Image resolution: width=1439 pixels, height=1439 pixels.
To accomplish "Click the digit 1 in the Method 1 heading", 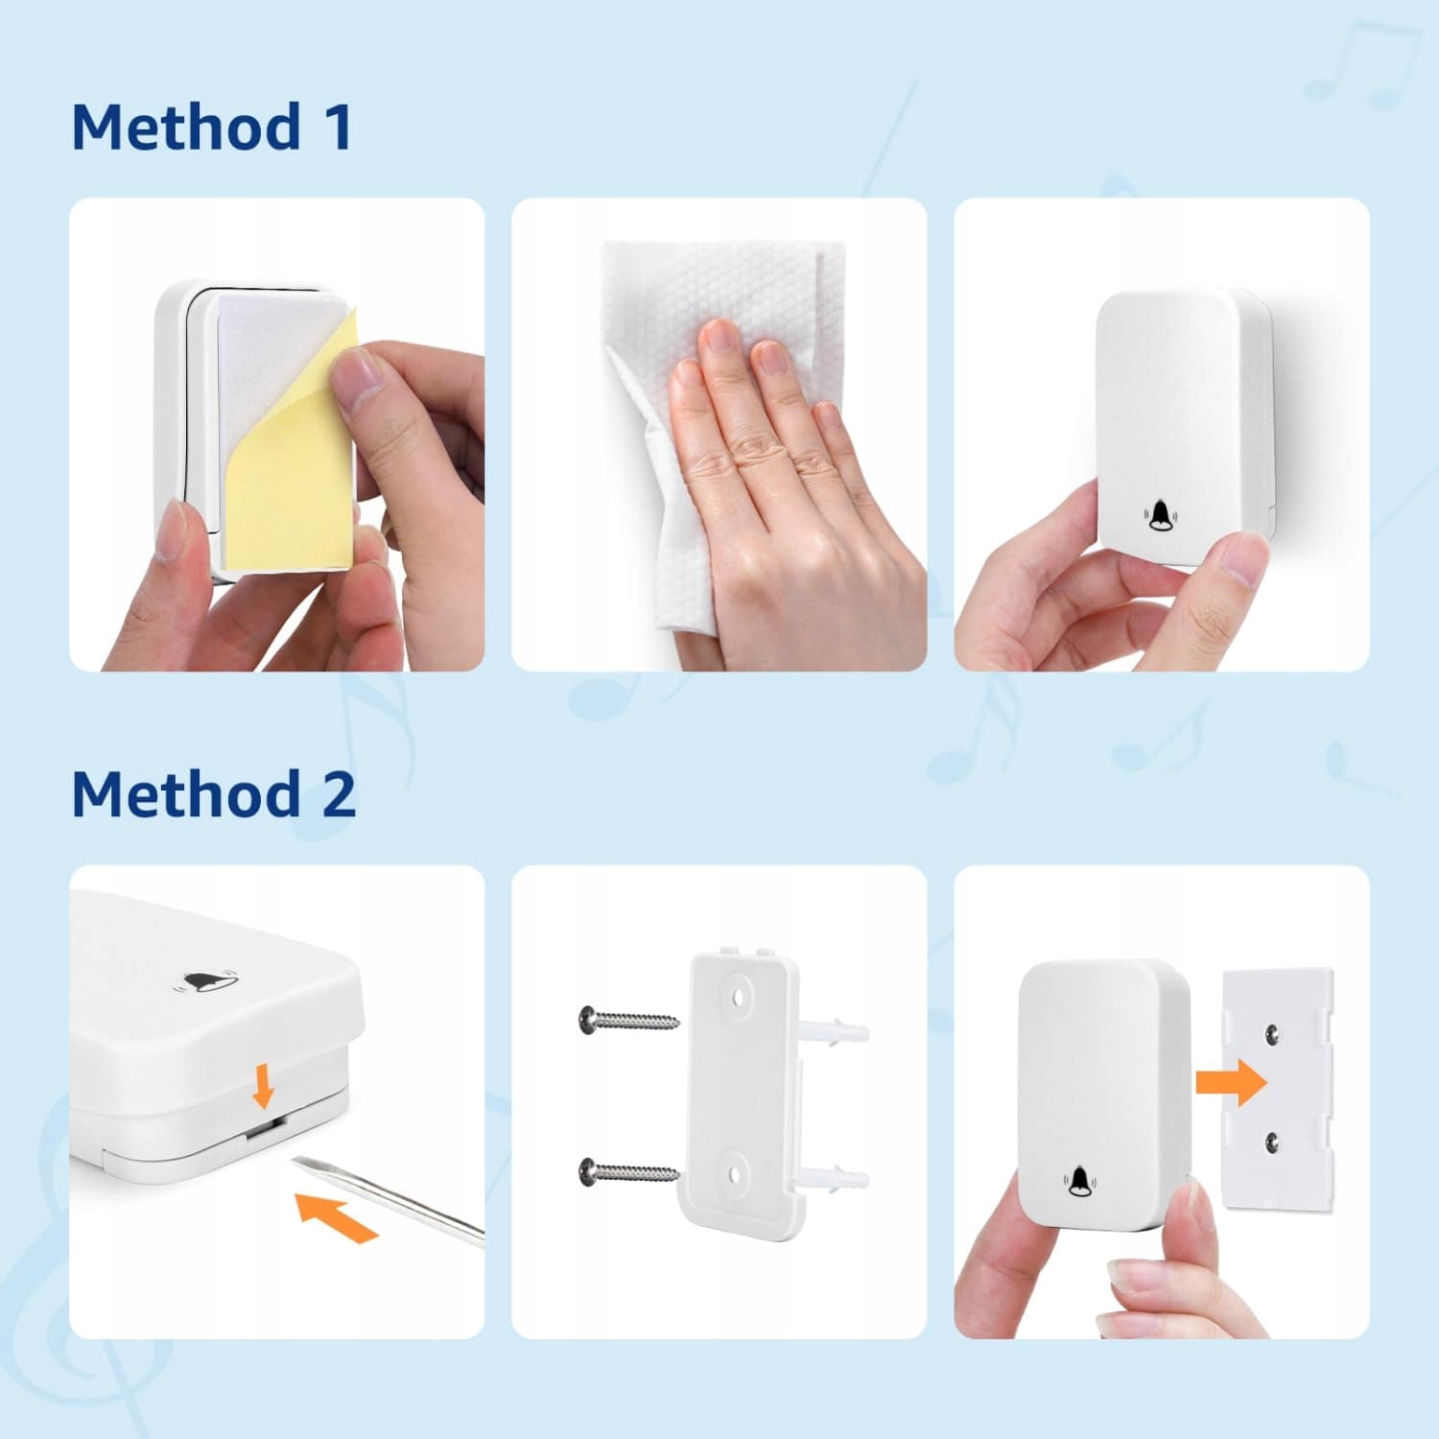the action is tap(338, 127).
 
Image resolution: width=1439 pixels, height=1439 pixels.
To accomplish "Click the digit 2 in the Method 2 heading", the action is tap(339, 794).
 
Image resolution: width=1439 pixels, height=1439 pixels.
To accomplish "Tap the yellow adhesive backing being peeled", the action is tap(288, 451).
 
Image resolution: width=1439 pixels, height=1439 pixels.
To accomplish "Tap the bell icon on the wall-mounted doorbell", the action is tap(1160, 515).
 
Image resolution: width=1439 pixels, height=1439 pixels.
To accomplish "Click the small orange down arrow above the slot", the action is tap(263, 1088).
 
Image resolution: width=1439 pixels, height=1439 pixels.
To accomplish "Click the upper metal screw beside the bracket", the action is tap(629, 1019).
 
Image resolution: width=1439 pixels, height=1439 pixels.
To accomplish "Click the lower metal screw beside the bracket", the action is tap(629, 1171).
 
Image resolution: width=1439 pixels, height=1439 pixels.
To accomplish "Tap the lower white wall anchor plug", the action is tap(834, 1179).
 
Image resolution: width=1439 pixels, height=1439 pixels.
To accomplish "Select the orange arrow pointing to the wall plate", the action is tap(1232, 1083).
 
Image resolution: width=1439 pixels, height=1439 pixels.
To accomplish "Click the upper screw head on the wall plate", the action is tap(1272, 1032).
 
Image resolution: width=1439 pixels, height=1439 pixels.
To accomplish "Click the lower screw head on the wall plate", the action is tap(1272, 1141).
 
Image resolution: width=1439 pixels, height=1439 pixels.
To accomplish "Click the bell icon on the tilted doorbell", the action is tap(204, 982).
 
